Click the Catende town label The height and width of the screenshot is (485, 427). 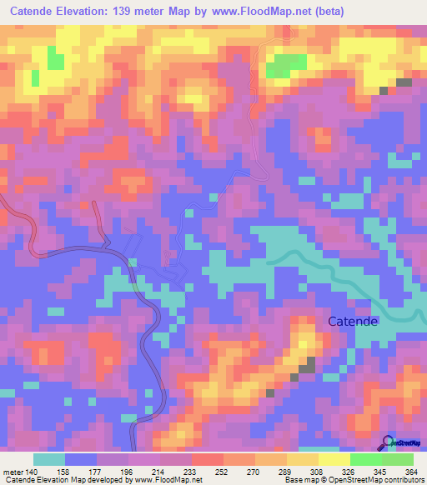353,321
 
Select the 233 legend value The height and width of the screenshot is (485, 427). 200,472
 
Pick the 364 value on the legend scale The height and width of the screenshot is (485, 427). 411,472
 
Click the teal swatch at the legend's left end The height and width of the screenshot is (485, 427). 49,459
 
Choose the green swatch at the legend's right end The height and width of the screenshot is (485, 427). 397,459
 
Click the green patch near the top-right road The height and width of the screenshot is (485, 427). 286,64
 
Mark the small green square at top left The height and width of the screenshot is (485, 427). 56,58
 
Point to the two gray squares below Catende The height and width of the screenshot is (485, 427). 308,363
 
